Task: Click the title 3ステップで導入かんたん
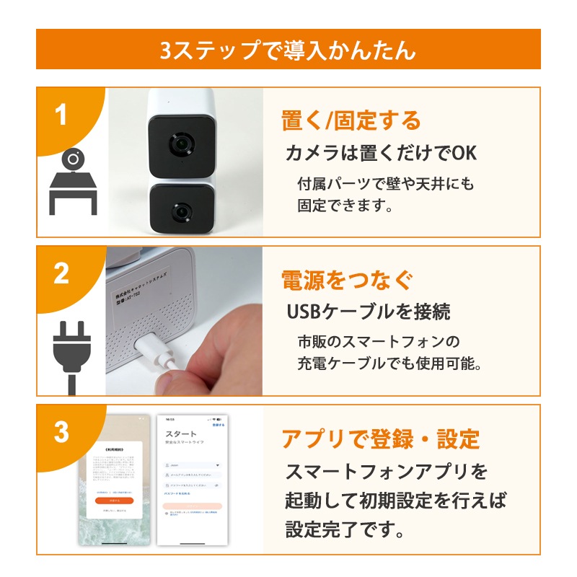[288, 50]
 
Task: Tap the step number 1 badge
[61, 115]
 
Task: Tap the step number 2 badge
[61, 273]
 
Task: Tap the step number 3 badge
[61, 431]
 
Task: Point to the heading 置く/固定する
[351, 120]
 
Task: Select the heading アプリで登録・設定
[380, 438]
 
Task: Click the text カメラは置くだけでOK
[382, 154]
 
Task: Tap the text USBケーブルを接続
[369, 312]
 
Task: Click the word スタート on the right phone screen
[181, 433]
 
